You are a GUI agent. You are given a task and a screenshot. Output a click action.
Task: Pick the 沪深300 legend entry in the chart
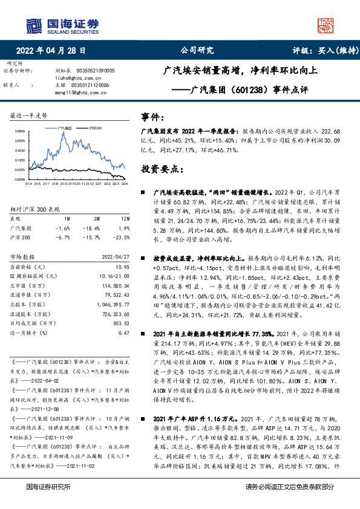click(x=94, y=129)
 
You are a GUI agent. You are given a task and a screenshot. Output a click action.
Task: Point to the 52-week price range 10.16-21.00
click(x=114, y=275)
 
